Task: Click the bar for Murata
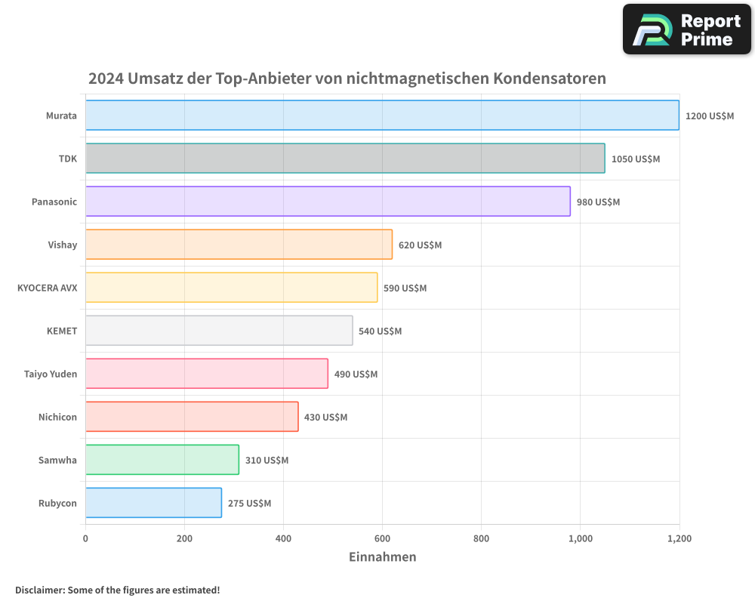coord(382,116)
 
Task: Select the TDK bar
coord(345,159)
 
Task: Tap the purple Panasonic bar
coord(328,202)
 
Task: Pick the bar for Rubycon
coord(153,503)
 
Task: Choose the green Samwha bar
coord(162,460)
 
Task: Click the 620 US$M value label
coord(420,245)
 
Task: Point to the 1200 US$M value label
coord(709,116)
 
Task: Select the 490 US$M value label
coord(356,374)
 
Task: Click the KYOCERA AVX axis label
coord(47,288)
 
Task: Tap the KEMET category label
coord(62,331)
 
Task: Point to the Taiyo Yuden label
coord(51,374)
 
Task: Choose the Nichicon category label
coord(57,418)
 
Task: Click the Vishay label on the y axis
coord(62,245)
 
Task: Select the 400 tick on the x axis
coord(283,539)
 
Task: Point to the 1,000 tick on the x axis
coord(580,539)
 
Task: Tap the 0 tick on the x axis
coord(85,539)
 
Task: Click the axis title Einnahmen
coord(382,557)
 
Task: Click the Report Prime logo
coord(686,29)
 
